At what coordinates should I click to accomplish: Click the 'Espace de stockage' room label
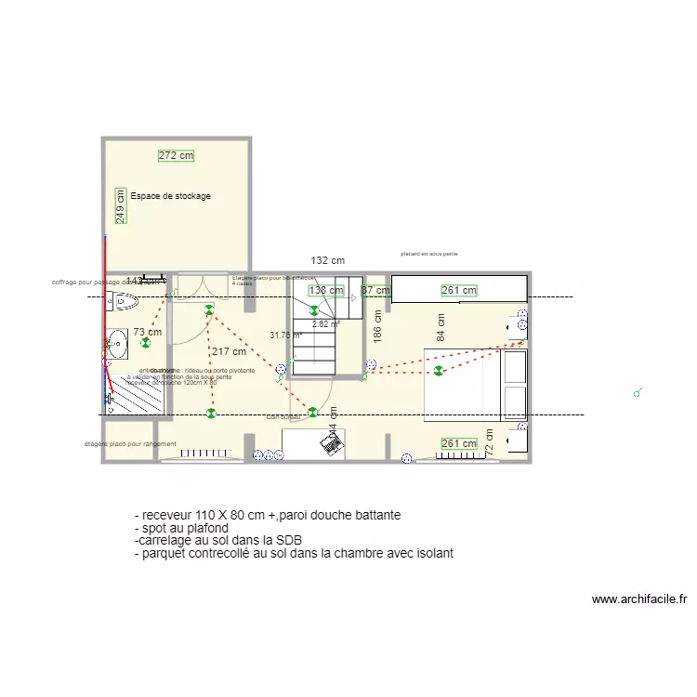[x=170, y=196]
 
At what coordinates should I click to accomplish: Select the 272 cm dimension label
[x=176, y=156]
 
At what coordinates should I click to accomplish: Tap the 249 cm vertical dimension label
[x=120, y=204]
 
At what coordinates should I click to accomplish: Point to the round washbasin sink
[x=116, y=345]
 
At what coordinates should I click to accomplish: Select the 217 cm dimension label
[x=229, y=351]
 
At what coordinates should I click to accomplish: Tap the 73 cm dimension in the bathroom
[x=147, y=332]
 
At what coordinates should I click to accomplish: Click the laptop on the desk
[x=330, y=443]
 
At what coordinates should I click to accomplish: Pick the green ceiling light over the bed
[x=438, y=372]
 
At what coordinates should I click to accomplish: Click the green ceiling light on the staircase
[x=314, y=311]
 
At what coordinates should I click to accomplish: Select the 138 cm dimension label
[x=326, y=291]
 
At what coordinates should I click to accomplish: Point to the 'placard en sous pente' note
[x=429, y=253]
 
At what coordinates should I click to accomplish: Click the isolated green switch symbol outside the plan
[x=638, y=393]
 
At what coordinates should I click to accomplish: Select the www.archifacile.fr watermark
[x=638, y=599]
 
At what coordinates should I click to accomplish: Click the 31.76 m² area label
[x=285, y=335]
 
